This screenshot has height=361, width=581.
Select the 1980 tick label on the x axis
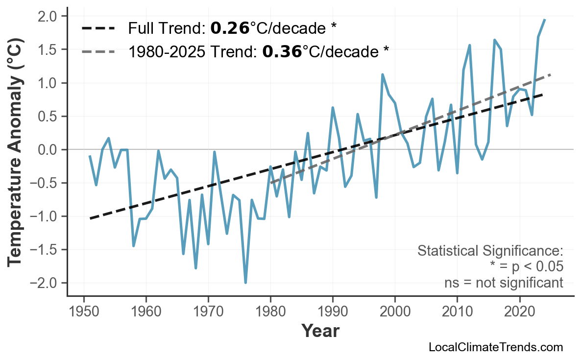pos(270,313)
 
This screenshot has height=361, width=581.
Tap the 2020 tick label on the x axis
pos(519,313)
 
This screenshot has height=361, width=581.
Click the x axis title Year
pos(320,331)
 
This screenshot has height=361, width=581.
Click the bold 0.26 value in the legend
pos(230,28)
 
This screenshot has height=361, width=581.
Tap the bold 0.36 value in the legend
pos(282,51)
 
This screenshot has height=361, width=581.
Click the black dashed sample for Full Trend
pos(98,28)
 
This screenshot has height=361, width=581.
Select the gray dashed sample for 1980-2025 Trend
pos(98,51)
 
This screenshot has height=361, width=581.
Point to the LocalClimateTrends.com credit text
pos(496,347)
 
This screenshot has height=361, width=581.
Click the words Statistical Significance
pos(490,251)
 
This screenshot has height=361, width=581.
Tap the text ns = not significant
pos(503,283)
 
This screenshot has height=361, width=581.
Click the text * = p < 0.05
pos(526,267)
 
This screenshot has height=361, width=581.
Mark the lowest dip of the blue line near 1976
pos(245,283)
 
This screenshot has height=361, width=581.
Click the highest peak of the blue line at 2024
pos(545,20)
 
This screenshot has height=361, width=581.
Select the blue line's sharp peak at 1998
pos(382,74)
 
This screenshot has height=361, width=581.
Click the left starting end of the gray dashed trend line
pos(271,183)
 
